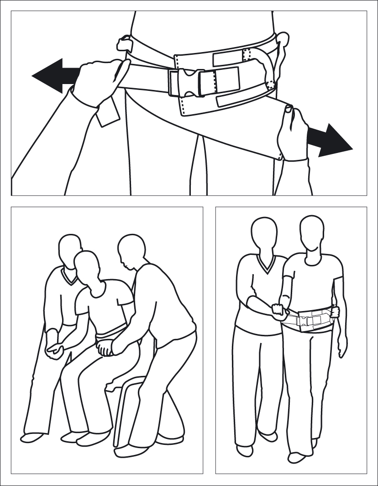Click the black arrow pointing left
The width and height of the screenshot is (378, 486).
coord(52,75)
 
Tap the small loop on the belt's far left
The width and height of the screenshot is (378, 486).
coord(124,44)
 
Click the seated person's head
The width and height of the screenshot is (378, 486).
coord(88,267)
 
